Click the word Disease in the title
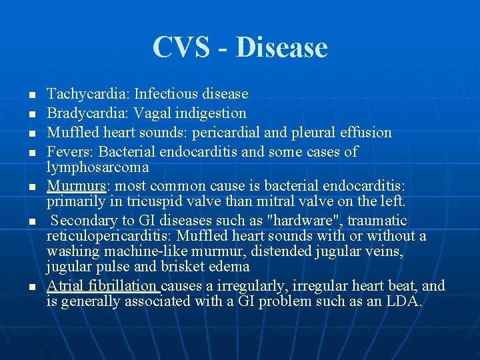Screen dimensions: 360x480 point(281,47)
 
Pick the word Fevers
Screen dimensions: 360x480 point(67,152)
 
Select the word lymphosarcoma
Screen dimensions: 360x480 point(97,167)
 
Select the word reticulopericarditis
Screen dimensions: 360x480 point(110,236)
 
